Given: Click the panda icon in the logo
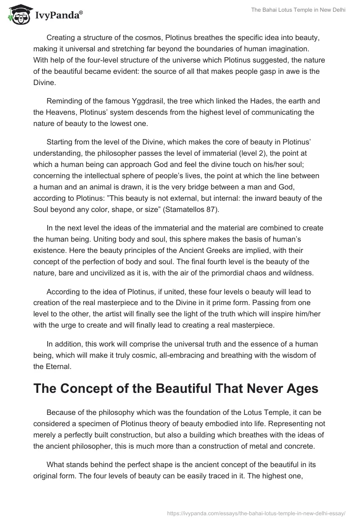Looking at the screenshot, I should pyautogui.click(x=17, y=15).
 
